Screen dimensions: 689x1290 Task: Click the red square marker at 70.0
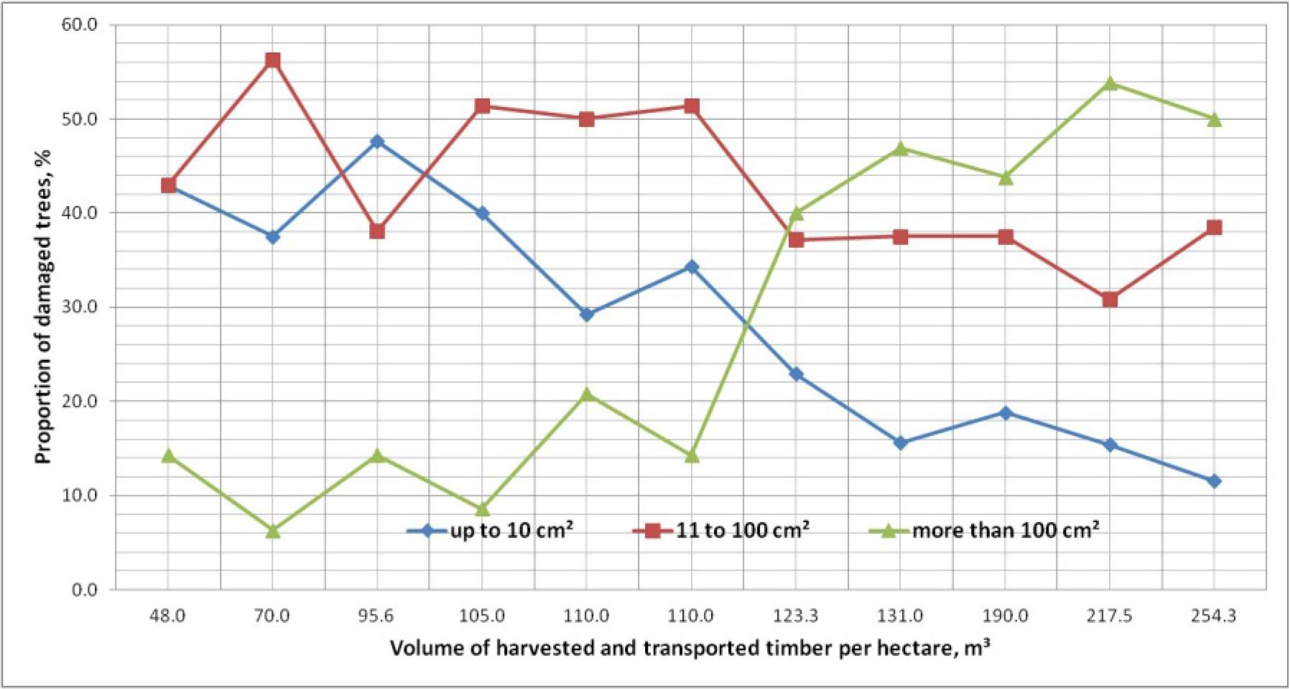click(273, 60)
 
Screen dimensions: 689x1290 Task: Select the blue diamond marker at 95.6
click(377, 142)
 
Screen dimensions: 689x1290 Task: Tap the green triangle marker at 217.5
click(1110, 84)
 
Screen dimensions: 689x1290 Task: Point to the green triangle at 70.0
click(273, 531)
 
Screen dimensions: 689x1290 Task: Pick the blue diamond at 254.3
click(1214, 481)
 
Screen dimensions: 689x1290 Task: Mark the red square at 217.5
click(1110, 300)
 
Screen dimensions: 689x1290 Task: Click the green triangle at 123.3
click(796, 213)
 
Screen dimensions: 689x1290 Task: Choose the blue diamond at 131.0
click(901, 443)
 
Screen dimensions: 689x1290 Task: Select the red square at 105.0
click(482, 106)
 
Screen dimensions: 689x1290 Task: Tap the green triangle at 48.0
click(169, 456)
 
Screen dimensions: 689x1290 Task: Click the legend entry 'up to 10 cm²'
click(511, 531)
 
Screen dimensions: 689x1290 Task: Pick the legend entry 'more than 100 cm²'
click(1005, 531)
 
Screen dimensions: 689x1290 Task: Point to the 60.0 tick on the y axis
click(80, 25)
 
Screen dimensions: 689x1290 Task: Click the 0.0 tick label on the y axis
click(84, 590)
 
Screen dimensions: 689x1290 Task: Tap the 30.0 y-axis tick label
click(80, 307)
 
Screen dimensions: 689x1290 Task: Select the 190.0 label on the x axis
click(1005, 616)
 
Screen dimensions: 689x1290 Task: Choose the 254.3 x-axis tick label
click(1214, 616)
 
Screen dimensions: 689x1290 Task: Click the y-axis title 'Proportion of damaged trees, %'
click(44, 307)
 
